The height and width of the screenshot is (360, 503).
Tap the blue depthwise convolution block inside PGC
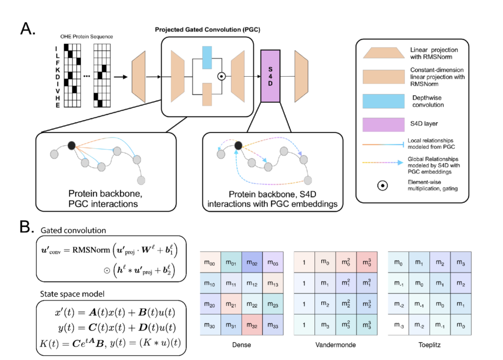tap(206, 57)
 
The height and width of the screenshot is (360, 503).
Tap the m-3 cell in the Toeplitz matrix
tap(398, 326)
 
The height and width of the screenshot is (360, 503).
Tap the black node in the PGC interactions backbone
tap(72, 145)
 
